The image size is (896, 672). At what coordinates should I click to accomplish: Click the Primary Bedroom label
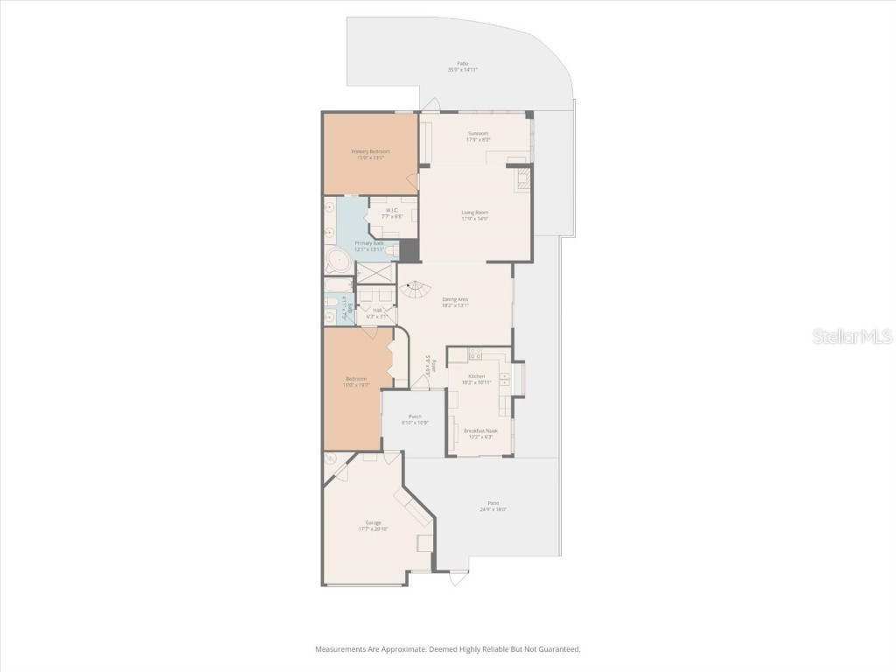pyautogui.click(x=370, y=151)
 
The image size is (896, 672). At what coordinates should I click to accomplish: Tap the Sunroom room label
pyautogui.click(x=478, y=134)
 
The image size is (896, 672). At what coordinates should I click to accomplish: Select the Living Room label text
pyautogui.click(x=475, y=213)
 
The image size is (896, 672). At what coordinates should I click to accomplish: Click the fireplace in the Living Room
pyautogui.click(x=522, y=178)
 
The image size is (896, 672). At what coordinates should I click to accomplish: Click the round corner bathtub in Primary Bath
pyautogui.click(x=337, y=260)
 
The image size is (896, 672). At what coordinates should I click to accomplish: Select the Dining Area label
pyautogui.click(x=456, y=299)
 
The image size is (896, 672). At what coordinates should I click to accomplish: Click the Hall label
pyautogui.click(x=377, y=310)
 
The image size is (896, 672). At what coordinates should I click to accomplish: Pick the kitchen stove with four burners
pyautogui.click(x=475, y=353)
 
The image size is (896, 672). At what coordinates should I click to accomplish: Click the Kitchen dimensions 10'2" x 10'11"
pyautogui.click(x=475, y=382)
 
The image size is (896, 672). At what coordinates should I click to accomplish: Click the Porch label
pyautogui.click(x=415, y=416)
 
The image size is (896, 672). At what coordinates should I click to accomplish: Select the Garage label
pyautogui.click(x=373, y=522)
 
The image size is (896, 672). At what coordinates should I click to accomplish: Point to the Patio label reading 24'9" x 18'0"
pyautogui.click(x=493, y=508)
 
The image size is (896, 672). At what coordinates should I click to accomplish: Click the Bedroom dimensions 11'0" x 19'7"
pyautogui.click(x=357, y=385)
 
